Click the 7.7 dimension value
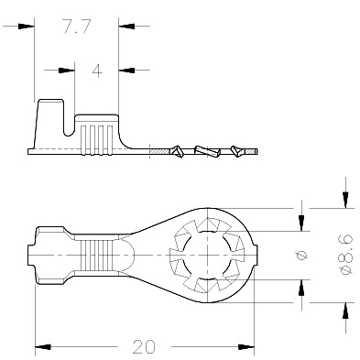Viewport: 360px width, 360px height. (x=77, y=26)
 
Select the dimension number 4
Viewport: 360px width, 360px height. (x=97, y=71)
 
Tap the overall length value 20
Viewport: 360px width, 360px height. (x=144, y=346)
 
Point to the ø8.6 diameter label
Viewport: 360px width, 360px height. (x=346, y=255)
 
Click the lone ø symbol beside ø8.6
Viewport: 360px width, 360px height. (x=302, y=255)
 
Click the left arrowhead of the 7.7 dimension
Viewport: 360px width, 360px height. (x=26, y=27)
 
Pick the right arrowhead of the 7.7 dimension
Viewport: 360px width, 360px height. (x=126, y=27)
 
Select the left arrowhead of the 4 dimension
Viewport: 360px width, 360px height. (x=67, y=71)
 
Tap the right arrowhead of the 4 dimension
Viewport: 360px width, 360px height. (x=126, y=71)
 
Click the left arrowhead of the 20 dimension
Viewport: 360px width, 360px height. (x=43, y=347)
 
